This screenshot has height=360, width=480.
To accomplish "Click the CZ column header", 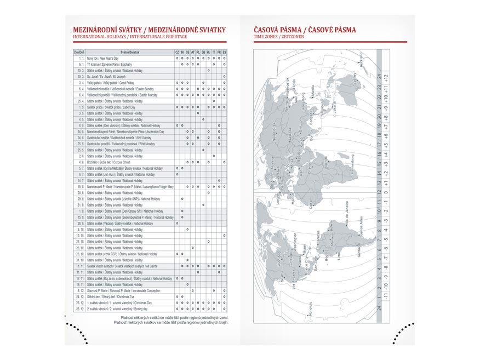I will pos(177,52).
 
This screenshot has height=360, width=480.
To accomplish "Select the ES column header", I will pos(225,52).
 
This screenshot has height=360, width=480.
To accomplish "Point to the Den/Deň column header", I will pos(79,52).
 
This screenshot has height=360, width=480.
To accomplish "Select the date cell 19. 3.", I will pos(80,77).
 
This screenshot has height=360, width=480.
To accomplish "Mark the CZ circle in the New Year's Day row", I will pos(177,58).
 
